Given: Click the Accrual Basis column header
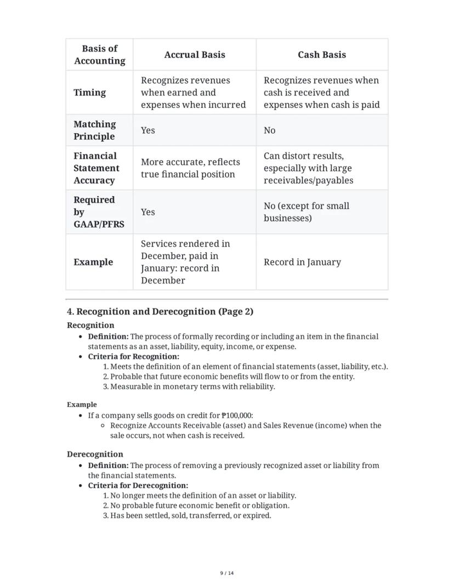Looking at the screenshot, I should pos(195,55).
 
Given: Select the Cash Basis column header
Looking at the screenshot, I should pos(321,55).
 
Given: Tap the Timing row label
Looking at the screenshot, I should pos(90,93).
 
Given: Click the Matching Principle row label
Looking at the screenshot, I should pos(95,130).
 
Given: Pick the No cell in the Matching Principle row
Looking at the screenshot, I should pos(270,130).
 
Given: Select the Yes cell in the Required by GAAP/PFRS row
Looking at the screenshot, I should pos(148,212).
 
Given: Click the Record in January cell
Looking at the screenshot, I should pos(302,262).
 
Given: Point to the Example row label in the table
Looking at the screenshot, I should pos(93,262).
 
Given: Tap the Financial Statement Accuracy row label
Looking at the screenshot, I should pos(96,168).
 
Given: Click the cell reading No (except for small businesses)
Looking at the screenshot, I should pos(306,212).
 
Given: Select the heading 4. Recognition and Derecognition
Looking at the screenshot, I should pos(160,312).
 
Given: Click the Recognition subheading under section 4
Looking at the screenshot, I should pos(90,325).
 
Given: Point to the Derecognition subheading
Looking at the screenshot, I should pos(95,454).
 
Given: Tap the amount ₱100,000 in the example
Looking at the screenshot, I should pos(236,415).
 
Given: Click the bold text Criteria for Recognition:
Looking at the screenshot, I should pos(133,357).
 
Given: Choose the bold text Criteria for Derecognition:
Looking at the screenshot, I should pos(138,486).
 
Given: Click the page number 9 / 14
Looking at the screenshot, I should pos(227,573).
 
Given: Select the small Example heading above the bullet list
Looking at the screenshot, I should pos(82,404).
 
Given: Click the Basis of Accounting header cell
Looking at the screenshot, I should pos(99,55).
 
